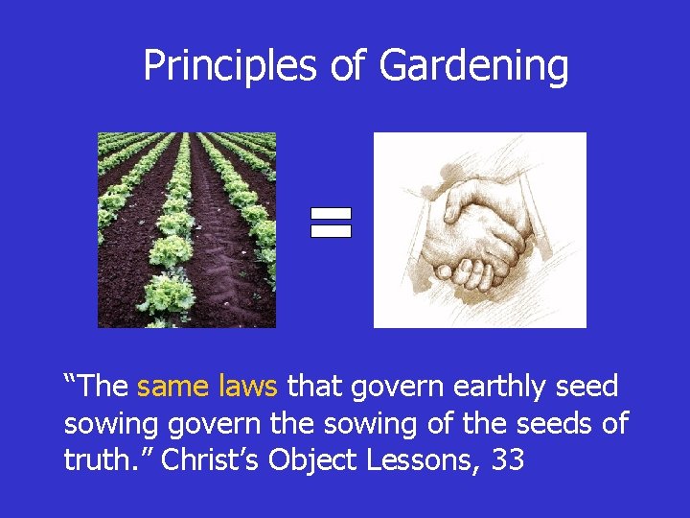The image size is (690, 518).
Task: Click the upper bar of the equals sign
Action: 331,214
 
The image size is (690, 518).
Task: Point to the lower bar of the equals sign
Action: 331,231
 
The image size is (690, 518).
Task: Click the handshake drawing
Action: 479,230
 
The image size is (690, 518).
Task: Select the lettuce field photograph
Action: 187,230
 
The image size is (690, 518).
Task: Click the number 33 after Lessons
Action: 507,460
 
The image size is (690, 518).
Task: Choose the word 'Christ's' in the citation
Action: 211,460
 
